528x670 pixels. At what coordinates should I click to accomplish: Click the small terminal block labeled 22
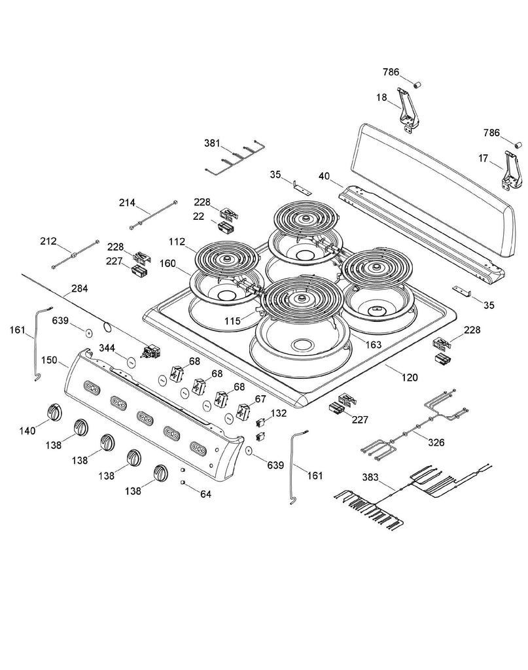[226, 227]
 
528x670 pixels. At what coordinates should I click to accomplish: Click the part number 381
[212, 143]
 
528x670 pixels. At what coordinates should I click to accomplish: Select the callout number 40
[324, 176]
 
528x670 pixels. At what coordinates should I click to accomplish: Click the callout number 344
[107, 346]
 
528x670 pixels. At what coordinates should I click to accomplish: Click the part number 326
[436, 443]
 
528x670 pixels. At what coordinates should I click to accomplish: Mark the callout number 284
[80, 288]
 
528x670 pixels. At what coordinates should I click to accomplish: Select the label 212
[48, 241]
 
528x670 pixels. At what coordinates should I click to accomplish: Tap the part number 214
[127, 203]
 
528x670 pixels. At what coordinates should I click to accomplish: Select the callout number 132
[279, 414]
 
